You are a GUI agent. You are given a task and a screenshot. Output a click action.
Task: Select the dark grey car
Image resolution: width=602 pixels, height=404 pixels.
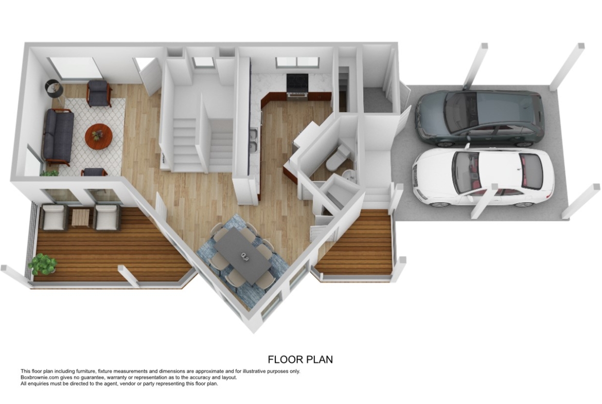point(480,118)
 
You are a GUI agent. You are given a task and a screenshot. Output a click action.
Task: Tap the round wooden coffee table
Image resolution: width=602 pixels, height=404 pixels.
point(99,135)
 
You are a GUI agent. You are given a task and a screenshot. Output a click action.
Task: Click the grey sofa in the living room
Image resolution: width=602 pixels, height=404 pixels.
point(58,136)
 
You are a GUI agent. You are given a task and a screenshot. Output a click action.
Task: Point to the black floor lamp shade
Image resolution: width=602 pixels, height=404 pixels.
point(54,89)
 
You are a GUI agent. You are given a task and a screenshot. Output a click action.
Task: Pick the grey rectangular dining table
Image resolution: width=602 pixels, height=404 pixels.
point(243,254)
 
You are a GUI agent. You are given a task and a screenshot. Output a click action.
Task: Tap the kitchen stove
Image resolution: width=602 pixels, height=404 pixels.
point(297,87)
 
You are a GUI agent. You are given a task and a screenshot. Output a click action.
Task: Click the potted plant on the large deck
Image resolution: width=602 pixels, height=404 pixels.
point(42,264)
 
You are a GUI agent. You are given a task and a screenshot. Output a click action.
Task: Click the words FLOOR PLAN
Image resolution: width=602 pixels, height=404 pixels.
point(300,359)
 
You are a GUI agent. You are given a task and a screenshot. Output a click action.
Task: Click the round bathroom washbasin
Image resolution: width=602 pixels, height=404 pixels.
point(349,177)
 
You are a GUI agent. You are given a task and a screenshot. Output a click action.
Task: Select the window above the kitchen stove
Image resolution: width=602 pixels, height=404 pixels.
point(297,61)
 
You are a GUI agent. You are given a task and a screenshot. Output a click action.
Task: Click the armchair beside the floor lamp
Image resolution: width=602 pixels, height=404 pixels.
point(99,93)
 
